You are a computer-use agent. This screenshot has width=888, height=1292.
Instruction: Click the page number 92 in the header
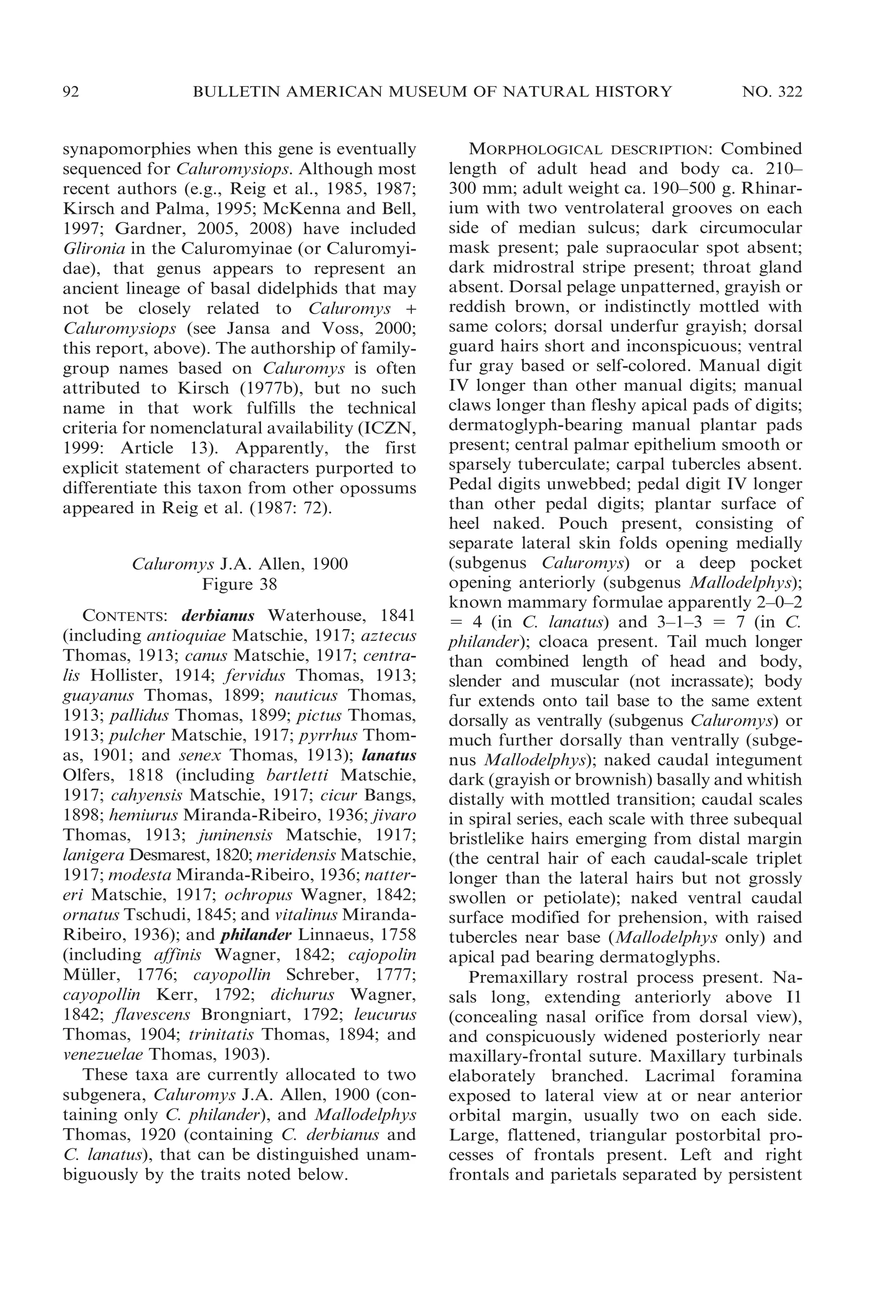point(71,92)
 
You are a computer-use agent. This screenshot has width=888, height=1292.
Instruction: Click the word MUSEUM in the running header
point(437,92)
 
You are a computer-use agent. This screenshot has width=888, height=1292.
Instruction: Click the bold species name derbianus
point(218,616)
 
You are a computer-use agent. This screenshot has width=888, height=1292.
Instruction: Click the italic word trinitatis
point(222,1034)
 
